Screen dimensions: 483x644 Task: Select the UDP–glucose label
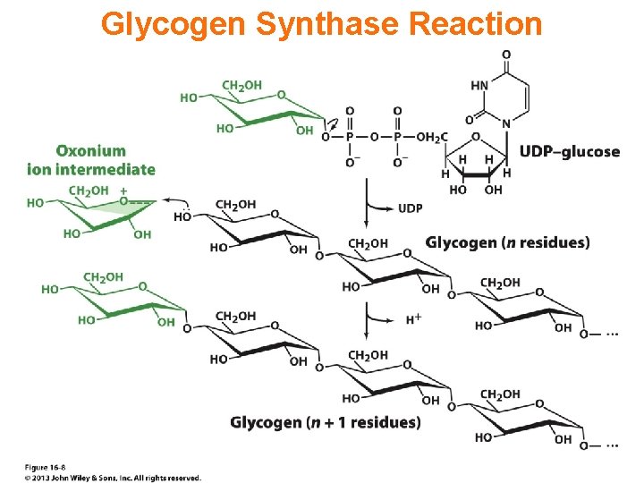coord(569,151)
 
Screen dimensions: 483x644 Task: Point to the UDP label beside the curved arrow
coord(410,208)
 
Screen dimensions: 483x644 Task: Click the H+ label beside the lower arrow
coord(414,318)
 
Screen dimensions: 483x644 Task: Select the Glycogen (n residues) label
coord(507,242)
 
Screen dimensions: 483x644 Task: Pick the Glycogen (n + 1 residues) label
coord(326,421)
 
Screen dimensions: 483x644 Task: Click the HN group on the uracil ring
coord(479,87)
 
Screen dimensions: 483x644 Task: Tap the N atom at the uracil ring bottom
coord(505,123)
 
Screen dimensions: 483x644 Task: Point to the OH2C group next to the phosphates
coord(431,137)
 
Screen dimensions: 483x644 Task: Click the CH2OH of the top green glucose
coord(241,85)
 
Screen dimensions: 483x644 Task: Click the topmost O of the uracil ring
coord(506,55)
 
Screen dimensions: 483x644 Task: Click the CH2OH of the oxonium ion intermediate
coord(88,191)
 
